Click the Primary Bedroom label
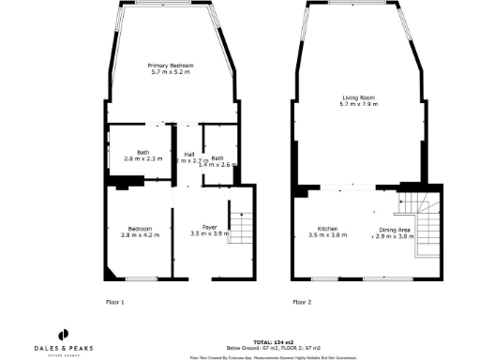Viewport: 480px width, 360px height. (x=171, y=65)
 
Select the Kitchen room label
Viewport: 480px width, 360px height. (x=328, y=229)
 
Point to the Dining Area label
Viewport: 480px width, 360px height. (x=394, y=229)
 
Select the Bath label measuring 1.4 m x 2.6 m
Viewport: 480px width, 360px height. (x=217, y=157)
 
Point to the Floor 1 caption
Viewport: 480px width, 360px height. (x=116, y=302)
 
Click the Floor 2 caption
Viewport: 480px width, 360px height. (x=302, y=302)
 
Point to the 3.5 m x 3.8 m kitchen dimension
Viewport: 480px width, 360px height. (x=328, y=235)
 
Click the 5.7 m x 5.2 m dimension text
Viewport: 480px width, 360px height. (x=171, y=71)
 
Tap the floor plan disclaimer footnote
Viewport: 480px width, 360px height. (x=272, y=356)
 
